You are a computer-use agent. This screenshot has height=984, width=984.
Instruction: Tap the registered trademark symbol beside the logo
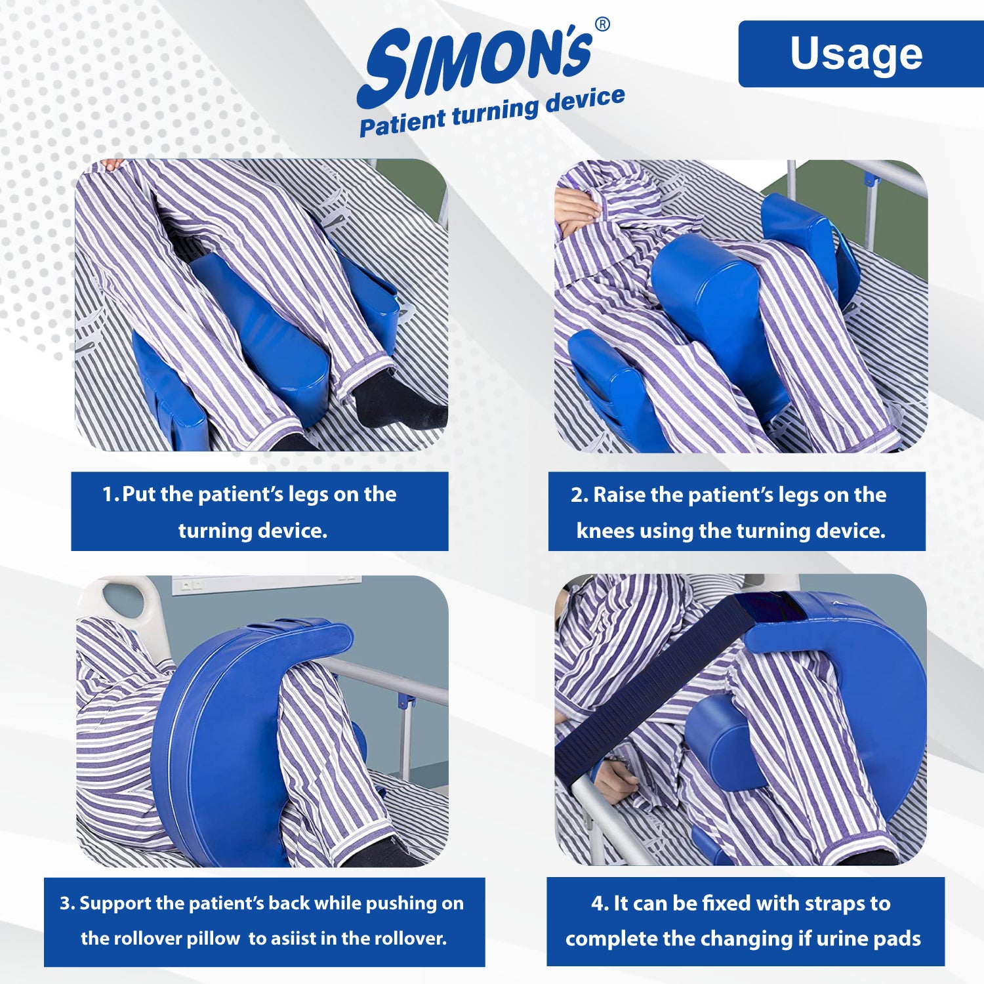click(602, 25)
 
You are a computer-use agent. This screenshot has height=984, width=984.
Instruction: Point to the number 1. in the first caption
click(111, 494)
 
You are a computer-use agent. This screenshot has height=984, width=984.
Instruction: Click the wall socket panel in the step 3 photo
click(266, 583)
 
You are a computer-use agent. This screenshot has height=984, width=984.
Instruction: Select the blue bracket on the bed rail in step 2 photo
click(870, 178)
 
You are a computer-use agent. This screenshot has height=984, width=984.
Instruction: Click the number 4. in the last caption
click(600, 904)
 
